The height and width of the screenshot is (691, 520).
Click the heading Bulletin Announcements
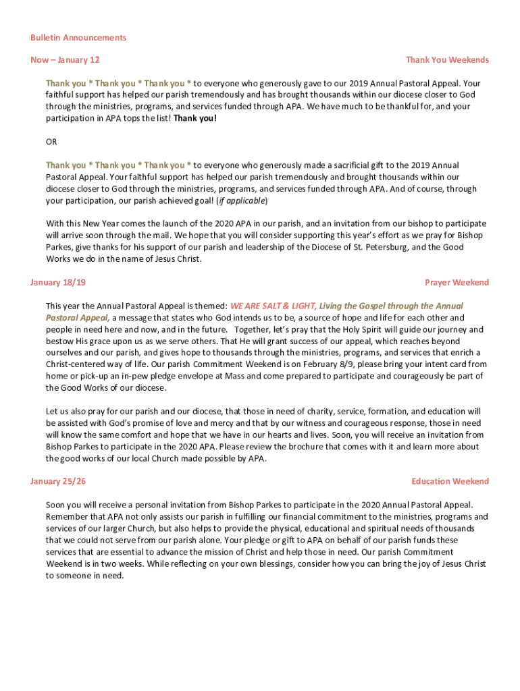(78, 38)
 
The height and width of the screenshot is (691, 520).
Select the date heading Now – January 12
(65, 60)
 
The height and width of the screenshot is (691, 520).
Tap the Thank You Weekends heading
(447, 60)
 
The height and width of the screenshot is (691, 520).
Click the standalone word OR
(51, 142)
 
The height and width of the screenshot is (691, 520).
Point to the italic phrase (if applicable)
(244, 200)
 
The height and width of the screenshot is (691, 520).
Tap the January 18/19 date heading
(58, 283)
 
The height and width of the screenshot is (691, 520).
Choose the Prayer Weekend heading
(457, 283)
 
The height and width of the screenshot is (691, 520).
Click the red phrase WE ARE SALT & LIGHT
(274, 306)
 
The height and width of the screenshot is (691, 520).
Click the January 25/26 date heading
(58, 481)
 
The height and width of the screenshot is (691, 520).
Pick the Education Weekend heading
(450, 481)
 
